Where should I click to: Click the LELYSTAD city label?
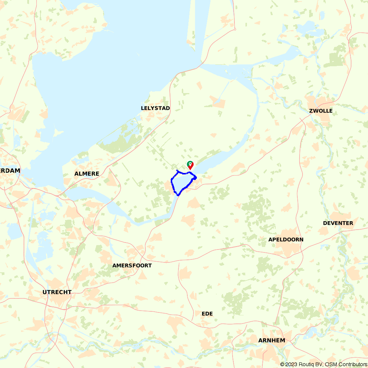(x=155, y=108)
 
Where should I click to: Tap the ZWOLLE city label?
(x=321, y=111)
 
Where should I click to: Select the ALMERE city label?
(x=86, y=174)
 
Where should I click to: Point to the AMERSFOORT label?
(x=132, y=265)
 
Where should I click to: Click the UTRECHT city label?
(x=57, y=292)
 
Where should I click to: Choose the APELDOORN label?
(x=286, y=240)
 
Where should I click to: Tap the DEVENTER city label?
(x=338, y=223)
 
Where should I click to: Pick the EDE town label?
(x=207, y=314)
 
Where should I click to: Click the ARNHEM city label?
(x=272, y=340)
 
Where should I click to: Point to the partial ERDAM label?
(x=10, y=171)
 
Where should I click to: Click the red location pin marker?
(x=190, y=165)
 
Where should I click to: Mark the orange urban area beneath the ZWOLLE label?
(x=324, y=118)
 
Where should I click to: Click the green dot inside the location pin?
(x=190, y=163)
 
